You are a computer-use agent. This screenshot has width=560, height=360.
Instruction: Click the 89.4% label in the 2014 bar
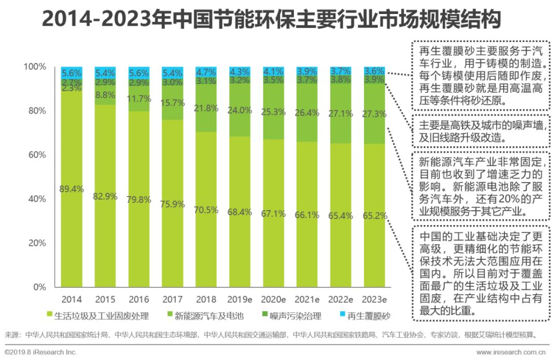pos(72,189)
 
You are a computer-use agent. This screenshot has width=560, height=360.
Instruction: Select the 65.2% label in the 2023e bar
pos(374,214)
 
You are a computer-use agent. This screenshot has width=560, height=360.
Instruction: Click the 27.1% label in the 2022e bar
pos(341,114)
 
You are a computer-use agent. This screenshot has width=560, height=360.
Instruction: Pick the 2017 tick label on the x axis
pos(172,299)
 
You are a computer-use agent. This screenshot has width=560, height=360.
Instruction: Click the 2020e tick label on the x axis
pos(273,299)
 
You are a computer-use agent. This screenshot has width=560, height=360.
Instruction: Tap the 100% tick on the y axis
pos(34,67)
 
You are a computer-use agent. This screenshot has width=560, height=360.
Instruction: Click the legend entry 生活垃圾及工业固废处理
pos(101,315)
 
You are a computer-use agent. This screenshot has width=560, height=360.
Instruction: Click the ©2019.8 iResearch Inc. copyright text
pos(40,352)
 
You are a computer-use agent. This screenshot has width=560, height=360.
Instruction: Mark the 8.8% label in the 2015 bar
pos(105,95)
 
